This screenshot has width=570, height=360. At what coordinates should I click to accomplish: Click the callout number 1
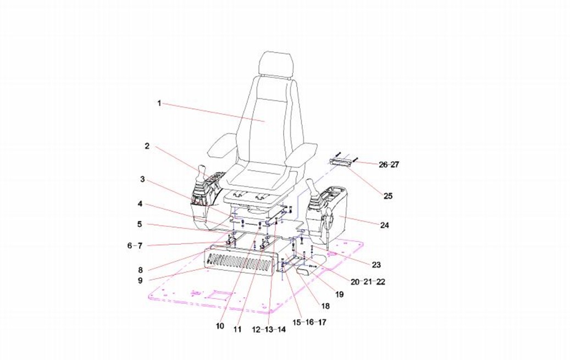tap(159, 103)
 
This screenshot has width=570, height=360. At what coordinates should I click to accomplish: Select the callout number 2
tap(147, 146)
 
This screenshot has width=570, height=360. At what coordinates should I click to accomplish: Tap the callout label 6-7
tap(135, 246)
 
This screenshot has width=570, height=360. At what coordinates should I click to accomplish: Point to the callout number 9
tap(140, 281)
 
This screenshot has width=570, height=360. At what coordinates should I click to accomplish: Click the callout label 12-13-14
tap(269, 330)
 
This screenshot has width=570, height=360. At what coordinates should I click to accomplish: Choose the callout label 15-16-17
tap(309, 322)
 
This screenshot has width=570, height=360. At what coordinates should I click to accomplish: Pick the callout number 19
tap(339, 294)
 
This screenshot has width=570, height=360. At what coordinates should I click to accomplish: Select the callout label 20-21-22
tap(368, 282)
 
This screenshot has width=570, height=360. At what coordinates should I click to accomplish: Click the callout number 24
tap(385, 225)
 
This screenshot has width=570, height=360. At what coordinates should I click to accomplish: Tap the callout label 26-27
tap(389, 165)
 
